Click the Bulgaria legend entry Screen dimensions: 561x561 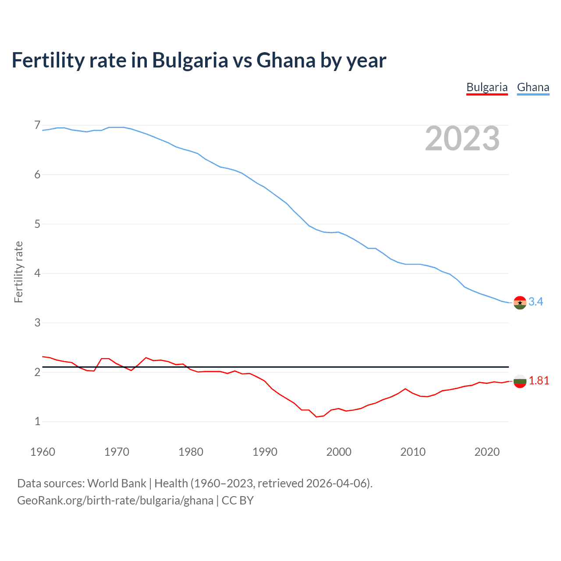pos(487,87)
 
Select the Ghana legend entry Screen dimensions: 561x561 pos(533,87)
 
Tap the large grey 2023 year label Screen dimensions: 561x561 pos(462,138)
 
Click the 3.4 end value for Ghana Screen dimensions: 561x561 pos(536,302)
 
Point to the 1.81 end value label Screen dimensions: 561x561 pos(539,380)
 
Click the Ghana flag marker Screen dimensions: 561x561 pos(520,302)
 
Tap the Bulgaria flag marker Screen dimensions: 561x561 pos(520,381)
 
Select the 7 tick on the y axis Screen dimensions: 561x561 pos(37,125)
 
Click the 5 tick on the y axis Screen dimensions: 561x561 pos(37,224)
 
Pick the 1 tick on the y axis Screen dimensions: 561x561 pos(37,422)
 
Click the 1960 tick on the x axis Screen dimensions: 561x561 pos(43,452)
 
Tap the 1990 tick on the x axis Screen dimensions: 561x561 pos(265,452)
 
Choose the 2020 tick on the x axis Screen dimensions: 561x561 pos(487,452)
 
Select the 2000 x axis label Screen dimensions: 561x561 pos(339,452)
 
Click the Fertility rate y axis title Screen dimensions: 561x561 pos(18,272)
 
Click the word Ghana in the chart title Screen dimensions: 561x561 pos(286,60)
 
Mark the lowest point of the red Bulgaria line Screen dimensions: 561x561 pos(316,417)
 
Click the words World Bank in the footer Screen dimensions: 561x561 pos(117,483)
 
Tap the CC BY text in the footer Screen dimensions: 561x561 pos(238,500)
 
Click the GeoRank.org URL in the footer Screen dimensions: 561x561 pos(115,500)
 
